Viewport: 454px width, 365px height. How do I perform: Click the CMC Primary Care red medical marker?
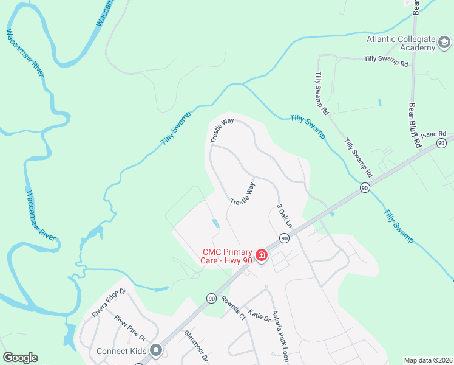click(x=262, y=254)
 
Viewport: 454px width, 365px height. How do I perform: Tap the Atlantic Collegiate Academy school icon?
click(x=445, y=43)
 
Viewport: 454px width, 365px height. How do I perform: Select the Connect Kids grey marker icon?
click(x=156, y=350)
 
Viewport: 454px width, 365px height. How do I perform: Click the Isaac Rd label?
click(x=433, y=133)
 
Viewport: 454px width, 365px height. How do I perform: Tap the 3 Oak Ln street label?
click(x=285, y=215)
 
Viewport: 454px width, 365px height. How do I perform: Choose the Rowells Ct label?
click(x=232, y=308)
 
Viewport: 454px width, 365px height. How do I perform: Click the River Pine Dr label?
click(x=130, y=328)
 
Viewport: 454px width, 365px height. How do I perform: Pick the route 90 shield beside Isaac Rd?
click(x=441, y=143)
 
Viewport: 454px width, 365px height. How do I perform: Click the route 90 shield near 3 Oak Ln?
click(x=283, y=238)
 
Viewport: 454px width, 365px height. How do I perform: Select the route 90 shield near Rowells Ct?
click(x=211, y=298)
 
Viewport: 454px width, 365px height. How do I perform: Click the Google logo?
click(x=20, y=358)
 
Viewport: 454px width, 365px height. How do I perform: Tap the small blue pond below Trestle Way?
click(x=216, y=223)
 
